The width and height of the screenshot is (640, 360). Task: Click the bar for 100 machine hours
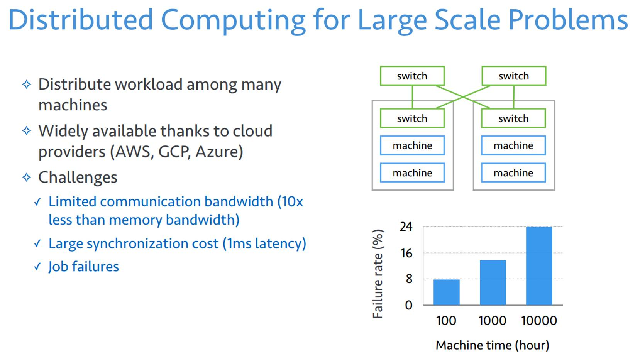[446, 292]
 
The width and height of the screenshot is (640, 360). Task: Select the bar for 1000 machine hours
[493, 282]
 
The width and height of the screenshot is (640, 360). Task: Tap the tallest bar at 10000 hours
[539, 266]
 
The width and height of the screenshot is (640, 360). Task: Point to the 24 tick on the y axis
[406, 226]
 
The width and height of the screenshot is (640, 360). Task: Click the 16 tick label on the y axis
[406, 253]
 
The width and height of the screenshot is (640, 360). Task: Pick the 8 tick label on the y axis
[409, 279]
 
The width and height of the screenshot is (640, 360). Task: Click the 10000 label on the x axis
[539, 320]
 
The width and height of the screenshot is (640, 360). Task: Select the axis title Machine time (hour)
[492, 345]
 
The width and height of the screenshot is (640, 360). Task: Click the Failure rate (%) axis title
[378, 274]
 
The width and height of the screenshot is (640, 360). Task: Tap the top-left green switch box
[412, 76]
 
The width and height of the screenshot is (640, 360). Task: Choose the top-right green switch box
[513, 76]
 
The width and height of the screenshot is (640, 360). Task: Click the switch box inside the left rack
[412, 118]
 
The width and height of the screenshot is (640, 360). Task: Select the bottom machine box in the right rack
[513, 173]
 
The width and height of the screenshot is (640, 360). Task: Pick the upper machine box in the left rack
[412, 145]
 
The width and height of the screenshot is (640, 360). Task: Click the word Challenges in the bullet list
[78, 177]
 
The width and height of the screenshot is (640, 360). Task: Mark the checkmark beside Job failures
[37, 267]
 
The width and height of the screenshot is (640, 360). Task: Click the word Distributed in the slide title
[81, 20]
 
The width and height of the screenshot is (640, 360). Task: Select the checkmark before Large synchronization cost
[37, 243]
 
